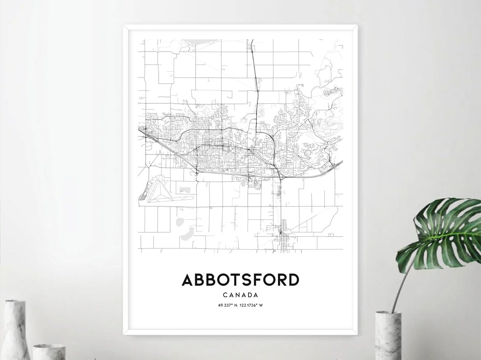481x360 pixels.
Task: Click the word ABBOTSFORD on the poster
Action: pos(240,280)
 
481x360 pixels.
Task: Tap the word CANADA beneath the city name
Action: pos(240,295)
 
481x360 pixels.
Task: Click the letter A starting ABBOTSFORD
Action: pos(188,280)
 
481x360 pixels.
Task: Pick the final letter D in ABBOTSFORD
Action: pos(293,280)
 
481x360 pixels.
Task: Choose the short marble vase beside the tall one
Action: pos(49,352)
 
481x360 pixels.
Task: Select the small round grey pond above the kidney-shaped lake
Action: pos(180,221)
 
